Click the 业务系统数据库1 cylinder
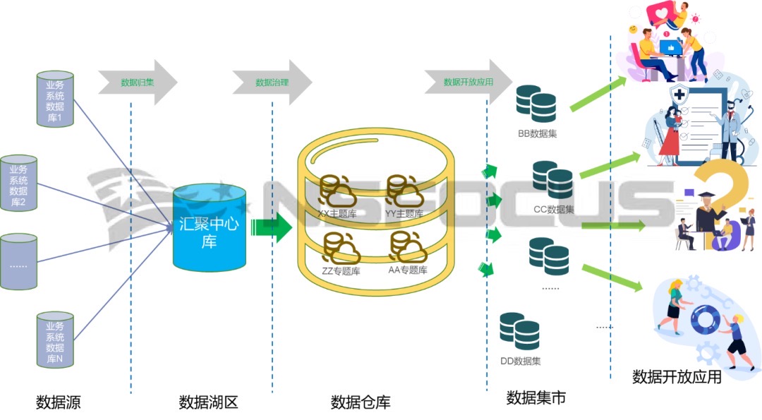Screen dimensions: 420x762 pyautogui.click(x=56, y=98)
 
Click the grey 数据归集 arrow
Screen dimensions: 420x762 pyautogui.click(x=138, y=83)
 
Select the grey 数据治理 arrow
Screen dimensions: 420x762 pyautogui.click(x=272, y=83)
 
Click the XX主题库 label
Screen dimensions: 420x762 pyautogui.click(x=337, y=213)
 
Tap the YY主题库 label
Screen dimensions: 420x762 pyautogui.click(x=404, y=213)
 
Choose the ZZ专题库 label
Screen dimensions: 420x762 pyautogui.click(x=341, y=270)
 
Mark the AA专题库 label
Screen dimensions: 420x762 pyautogui.click(x=408, y=270)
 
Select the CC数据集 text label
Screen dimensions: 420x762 pyautogui.click(x=554, y=210)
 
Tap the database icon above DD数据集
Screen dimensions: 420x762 pyautogui.click(x=520, y=330)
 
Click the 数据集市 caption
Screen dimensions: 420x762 pyautogui.click(x=536, y=398)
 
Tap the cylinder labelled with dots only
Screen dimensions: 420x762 pyautogui.click(x=18, y=261)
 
